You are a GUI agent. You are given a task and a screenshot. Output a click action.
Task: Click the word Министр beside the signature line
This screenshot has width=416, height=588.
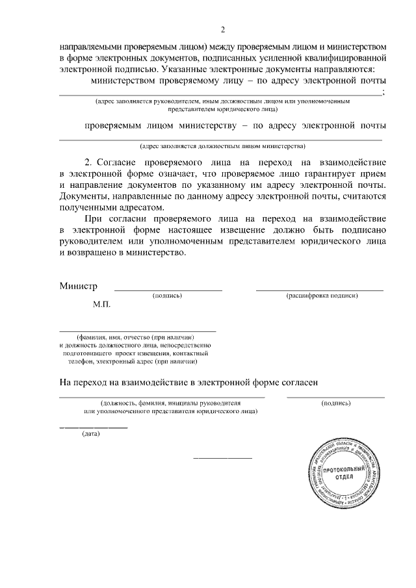tap(78, 286)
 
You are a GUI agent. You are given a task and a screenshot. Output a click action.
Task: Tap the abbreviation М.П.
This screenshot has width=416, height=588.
tap(102, 303)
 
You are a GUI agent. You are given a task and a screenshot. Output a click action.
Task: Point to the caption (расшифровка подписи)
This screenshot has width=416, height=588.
tap(322, 296)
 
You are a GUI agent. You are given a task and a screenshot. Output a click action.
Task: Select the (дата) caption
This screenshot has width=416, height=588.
tap(90, 434)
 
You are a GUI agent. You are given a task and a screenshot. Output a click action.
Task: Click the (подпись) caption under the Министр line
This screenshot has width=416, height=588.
tap(167, 296)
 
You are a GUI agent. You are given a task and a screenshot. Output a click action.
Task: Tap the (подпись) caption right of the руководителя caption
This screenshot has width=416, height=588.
tap(336, 403)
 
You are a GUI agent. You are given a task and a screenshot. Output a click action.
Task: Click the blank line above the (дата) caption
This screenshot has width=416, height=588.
tap(94, 428)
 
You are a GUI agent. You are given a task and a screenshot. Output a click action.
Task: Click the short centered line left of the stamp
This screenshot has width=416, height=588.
tap(223, 459)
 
